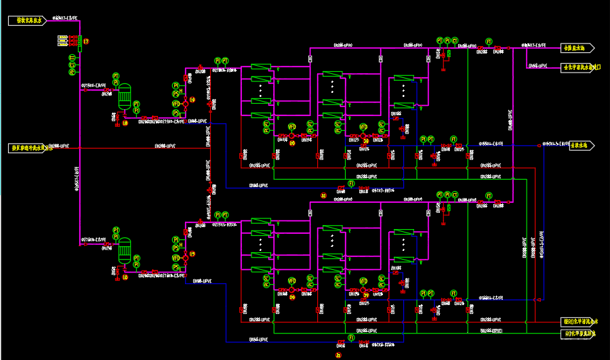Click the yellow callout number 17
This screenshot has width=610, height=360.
[86, 42]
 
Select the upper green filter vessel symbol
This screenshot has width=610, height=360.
[124, 96]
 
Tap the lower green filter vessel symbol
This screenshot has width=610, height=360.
[124, 251]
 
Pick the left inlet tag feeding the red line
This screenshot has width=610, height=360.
[28, 147]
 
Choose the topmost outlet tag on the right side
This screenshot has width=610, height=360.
[578, 48]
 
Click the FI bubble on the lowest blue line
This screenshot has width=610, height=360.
[351, 337]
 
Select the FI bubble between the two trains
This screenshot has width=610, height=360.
[351, 184]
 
